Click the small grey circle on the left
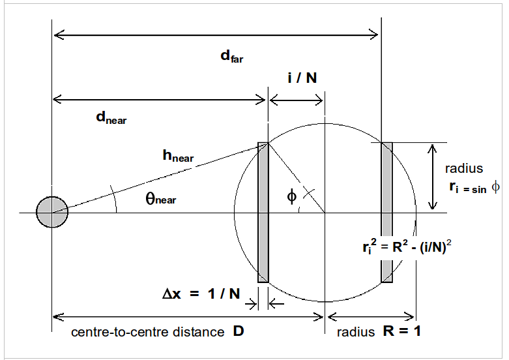pyautogui.click(x=52, y=213)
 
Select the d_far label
pyautogui.click(x=231, y=56)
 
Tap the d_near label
pyautogui.click(x=111, y=117)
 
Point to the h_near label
pyautogui.click(x=178, y=156)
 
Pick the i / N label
pyautogui.click(x=302, y=78)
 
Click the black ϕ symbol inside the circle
pyautogui.click(x=291, y=195)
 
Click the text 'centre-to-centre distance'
pyautogui.click(x=147, y=332)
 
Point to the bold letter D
pyautogui.click(x=238, y=331)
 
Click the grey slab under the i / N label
pyautogui.click(x=263, y=213)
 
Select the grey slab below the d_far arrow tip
pyautogui.click(x=387, y=213)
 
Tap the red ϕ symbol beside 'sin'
pyautogui.click(x=496, y=187)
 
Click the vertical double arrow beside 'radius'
pyautogui.click(x=431, y=177)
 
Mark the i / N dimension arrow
pyautogui.click(x=296, y=100)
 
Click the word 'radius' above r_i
pyautogui.click(x=464, y=169)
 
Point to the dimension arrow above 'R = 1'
pyautogui.click(x=371, y=317)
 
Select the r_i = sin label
pyautogui.click(x=467, y=187)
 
